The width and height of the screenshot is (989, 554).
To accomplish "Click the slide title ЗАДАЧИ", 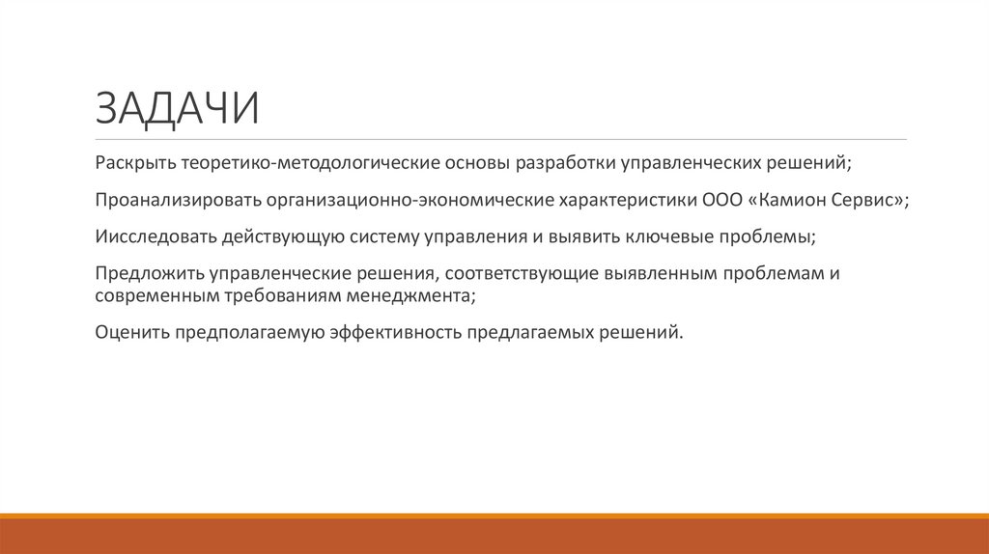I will (177, 108).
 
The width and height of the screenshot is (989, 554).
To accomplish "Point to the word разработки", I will (565, 163).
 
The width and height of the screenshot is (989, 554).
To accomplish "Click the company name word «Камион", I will (784, 200).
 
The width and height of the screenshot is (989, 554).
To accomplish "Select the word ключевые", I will (657, 236).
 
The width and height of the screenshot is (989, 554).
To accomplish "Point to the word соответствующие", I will (523, 273).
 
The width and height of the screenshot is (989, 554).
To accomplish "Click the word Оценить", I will (131, 333).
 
